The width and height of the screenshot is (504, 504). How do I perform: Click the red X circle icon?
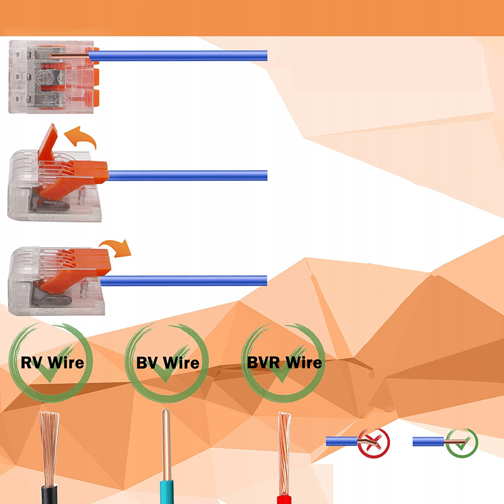click(x=374, y=442)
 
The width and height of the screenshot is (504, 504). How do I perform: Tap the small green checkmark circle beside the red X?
click(x=462, y=441)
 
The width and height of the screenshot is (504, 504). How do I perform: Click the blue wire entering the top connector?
click(x=183, y=55)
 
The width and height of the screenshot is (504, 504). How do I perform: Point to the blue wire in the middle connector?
click(x=189, y=175)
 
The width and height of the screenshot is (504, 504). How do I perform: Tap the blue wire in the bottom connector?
click(x=189, y=280)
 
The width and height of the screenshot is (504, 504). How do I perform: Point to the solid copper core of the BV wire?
click(x=166, y=435)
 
